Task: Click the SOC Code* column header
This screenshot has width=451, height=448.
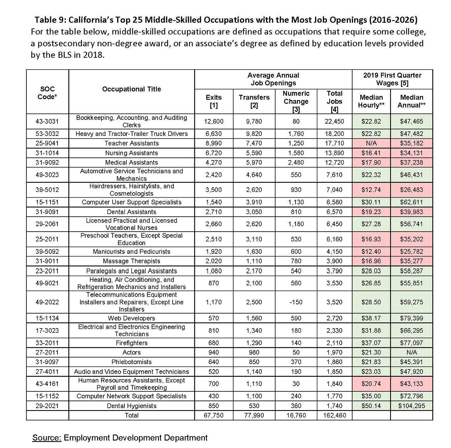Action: coord(47,93)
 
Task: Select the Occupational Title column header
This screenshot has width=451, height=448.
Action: coord(131,89)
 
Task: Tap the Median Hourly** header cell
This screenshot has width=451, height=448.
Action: coord(371,101)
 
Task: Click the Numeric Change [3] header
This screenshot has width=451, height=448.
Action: coord(296,101)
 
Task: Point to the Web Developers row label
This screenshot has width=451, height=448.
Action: coord(131,318)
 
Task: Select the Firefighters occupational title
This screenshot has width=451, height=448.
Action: coord(131,343)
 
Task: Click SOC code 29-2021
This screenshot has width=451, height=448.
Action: coord(47,405)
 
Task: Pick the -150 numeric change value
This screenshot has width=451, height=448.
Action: coord(296,302)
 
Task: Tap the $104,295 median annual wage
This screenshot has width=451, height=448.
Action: coord(412,405)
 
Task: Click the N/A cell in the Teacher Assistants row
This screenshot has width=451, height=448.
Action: coord(371,143)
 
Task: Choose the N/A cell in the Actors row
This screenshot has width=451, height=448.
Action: coord(412,352)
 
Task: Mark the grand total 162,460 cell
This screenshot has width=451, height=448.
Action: coord(334,415)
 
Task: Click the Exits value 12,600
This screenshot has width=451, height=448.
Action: coord(214,121)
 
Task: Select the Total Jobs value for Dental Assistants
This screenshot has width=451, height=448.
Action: coord(334,212)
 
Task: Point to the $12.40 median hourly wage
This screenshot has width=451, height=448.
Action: coord(371,252)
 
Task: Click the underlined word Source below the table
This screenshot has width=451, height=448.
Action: coord(47,438)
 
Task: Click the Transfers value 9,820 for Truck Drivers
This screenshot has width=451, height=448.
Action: coord(254,134)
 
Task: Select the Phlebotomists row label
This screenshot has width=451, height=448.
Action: coord(131,362)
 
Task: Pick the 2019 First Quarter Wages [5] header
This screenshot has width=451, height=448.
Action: coord(392,79)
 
